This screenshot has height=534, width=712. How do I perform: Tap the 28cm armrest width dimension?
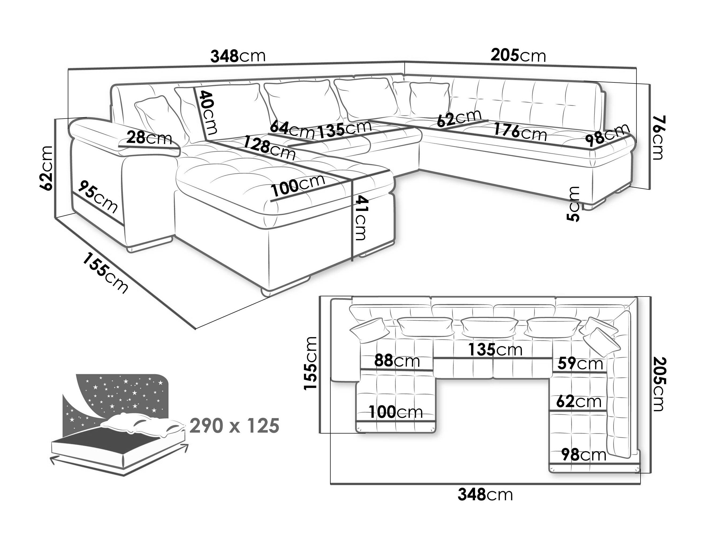(149, 138)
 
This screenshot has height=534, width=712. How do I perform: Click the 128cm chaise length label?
(269, 148)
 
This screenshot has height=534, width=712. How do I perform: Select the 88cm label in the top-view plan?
(397, 361)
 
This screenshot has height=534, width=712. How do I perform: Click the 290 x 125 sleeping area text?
(234, 426)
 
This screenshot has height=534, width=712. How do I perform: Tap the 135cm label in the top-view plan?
(495, 350)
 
